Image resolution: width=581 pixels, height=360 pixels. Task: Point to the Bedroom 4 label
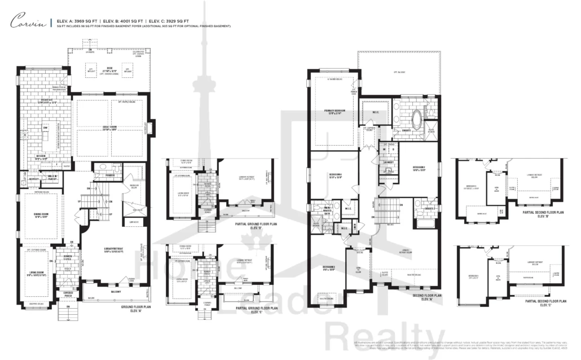pyautogui.click(x=329, y=175)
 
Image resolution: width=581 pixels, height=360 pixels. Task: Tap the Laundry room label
pyautogui.click(x=388, y=162)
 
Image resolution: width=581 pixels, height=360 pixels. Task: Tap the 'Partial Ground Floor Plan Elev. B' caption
pyautogui.click(x=256, y=226)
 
